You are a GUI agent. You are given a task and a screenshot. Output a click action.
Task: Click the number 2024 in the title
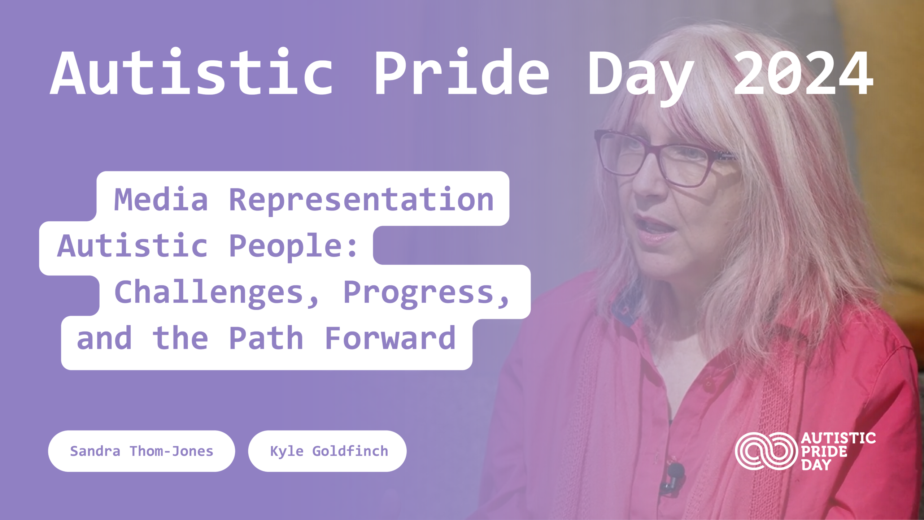(x=803, y=73)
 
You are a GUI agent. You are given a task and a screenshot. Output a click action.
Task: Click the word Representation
(x=361, y=201)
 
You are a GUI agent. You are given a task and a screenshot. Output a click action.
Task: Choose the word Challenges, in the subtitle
(x=217, y=293)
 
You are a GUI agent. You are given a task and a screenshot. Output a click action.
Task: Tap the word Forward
(x=390, y=338)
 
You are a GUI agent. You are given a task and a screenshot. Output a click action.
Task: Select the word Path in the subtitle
(x=266, y=338)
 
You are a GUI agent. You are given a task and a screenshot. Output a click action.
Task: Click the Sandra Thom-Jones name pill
(x=141, y=451)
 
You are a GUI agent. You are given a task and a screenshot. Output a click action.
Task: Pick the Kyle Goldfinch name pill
(x=327, y=451)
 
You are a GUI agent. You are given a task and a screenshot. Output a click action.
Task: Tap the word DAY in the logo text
(x=816, y=465)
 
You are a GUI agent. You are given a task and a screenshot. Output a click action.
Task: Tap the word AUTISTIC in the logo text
(x=838, y=438)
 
